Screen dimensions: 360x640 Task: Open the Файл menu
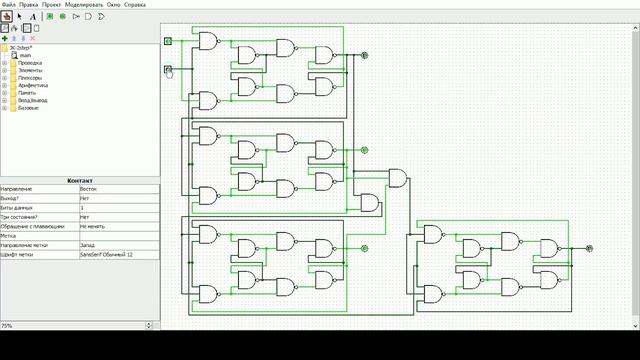coord(8,4)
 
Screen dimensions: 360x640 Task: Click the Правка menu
coord(29,4)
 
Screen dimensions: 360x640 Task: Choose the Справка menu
coord(148,4)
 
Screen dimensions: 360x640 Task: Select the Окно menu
coord(126,4)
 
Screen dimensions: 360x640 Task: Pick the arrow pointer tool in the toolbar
coord(20,16)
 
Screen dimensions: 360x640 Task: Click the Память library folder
coord(27,92)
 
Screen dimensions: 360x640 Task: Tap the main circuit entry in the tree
coord(27,55)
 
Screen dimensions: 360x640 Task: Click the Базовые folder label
coord(28,107)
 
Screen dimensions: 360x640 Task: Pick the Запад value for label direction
coord(87,245)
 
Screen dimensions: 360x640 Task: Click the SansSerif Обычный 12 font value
coord(106,255)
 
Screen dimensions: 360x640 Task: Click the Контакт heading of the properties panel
coord(80,180)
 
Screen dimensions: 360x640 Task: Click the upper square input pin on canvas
coord(168,41)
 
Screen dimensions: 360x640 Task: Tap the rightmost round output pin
coord(589,248)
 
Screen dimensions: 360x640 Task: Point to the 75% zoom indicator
coord(7,325)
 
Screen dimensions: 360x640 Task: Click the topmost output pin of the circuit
coord(364,55)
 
